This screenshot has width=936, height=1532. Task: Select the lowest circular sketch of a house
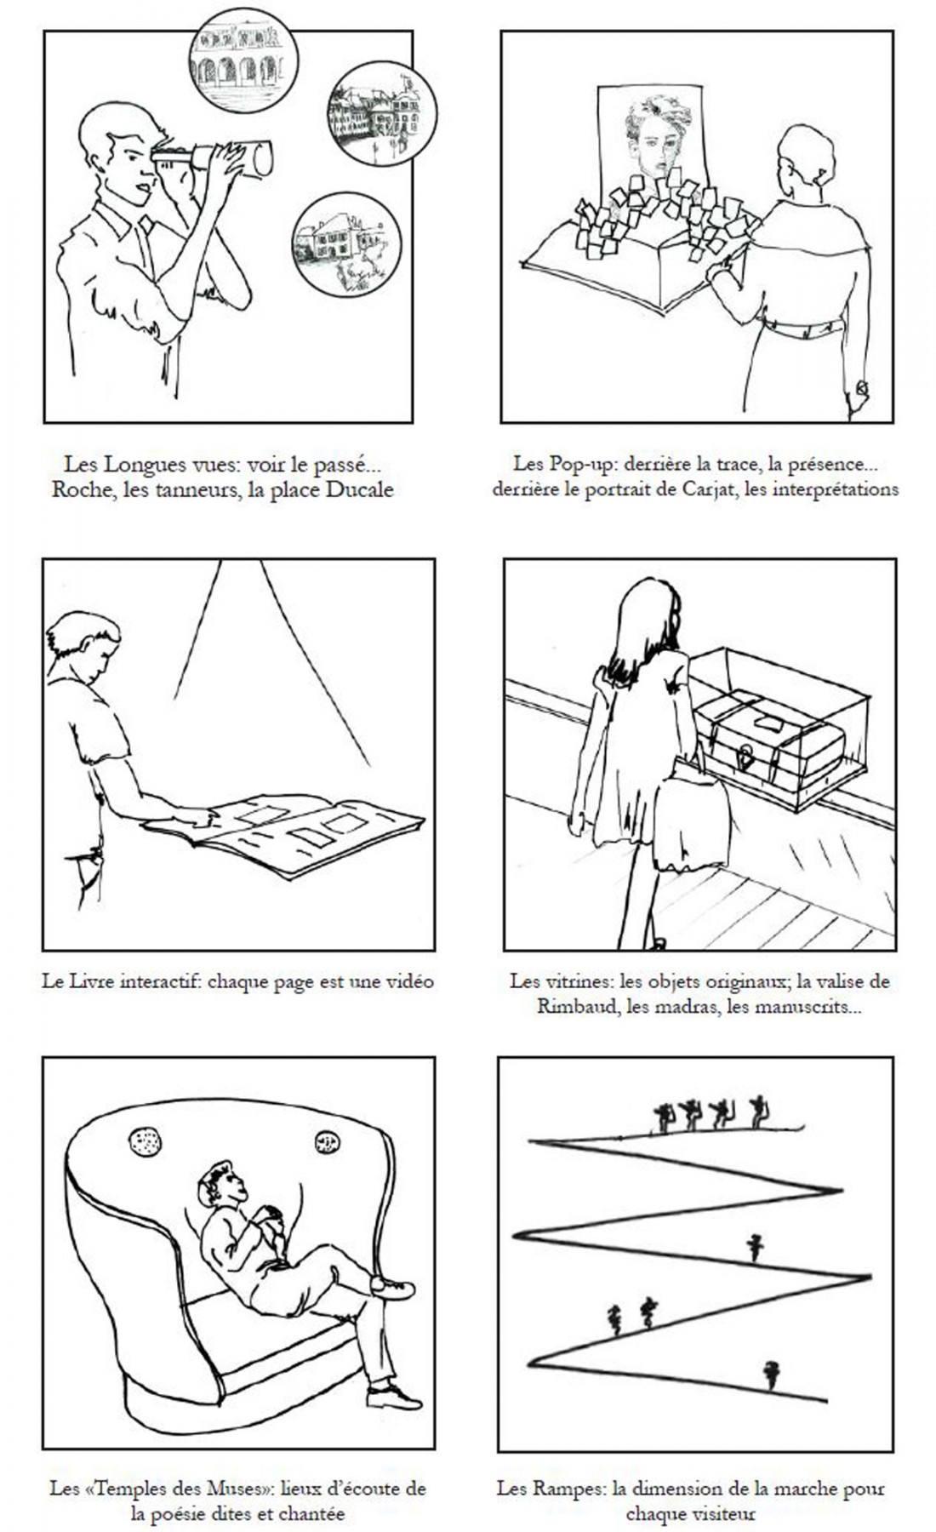click(346, 243)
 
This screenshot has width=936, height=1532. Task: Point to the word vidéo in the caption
click(408, 981)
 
